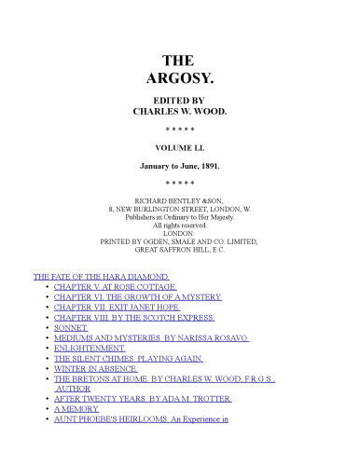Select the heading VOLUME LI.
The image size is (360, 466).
point(180,147)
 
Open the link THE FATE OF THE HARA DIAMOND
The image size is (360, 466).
point(101,277)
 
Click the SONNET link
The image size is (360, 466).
point(72,328)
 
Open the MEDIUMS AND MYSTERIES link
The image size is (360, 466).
point(151,338)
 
